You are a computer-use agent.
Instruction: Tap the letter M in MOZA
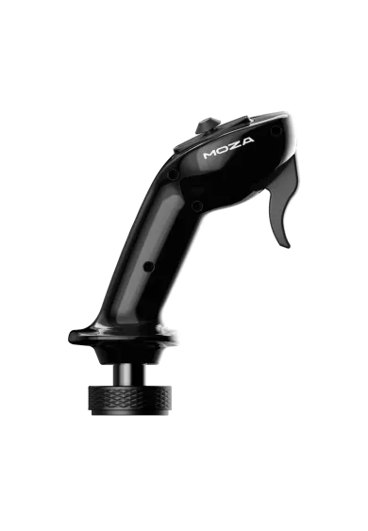[210, 152]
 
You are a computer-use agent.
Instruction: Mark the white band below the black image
[184, 490]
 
